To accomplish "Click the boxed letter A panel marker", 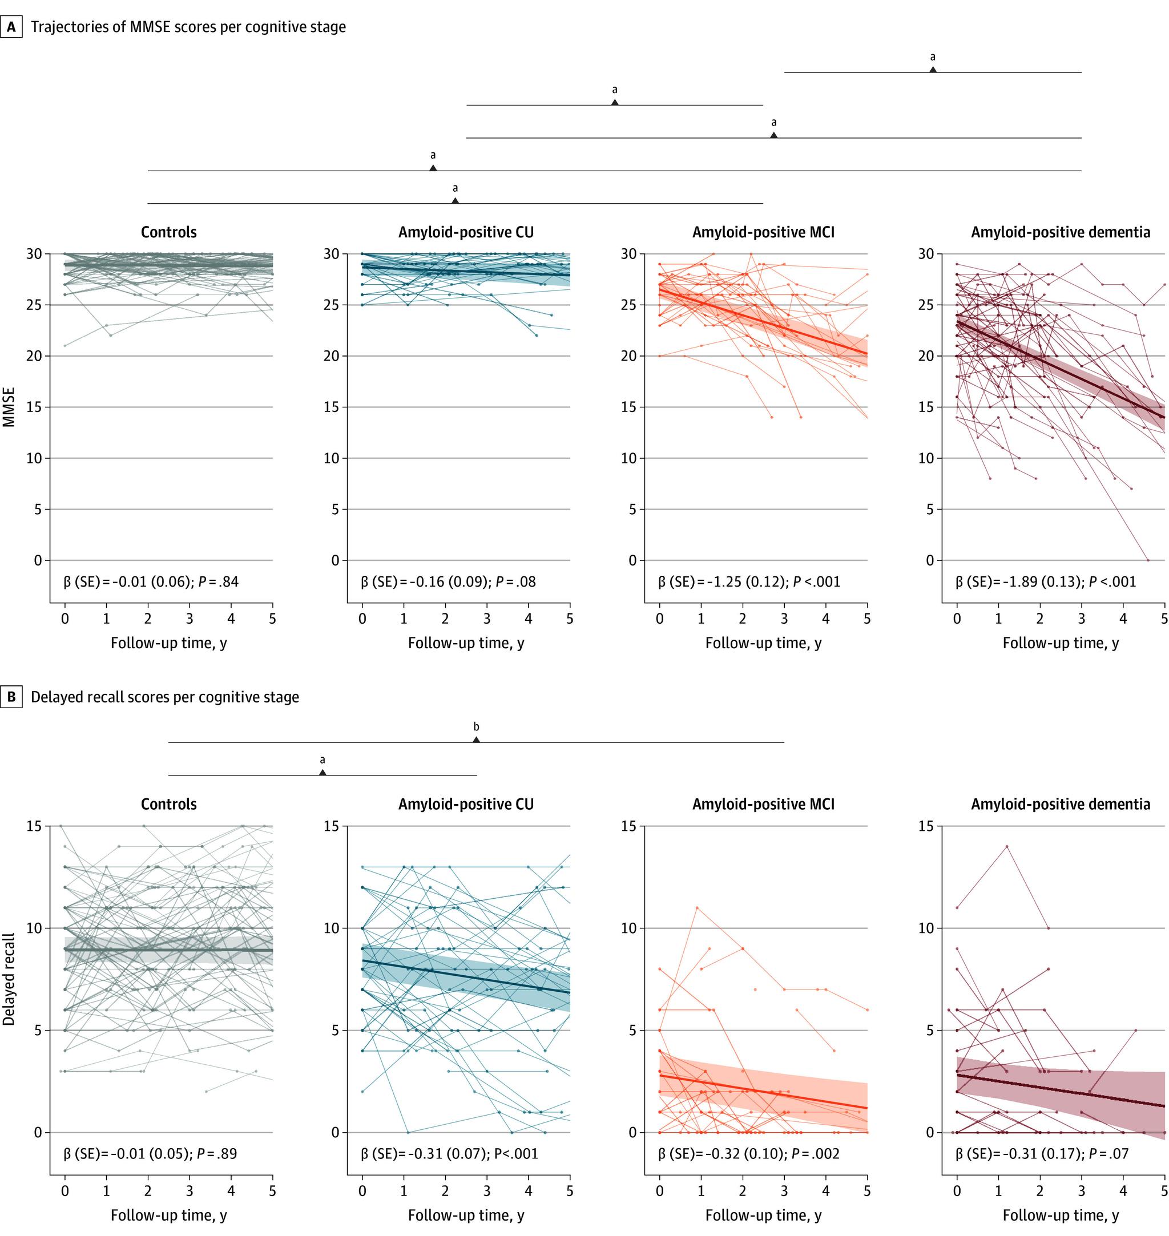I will click(x=11, y=27).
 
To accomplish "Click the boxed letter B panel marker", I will click(x=11, y=697).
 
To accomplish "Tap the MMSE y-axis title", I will click(x=9, y=407).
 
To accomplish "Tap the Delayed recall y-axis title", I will click(x=9, y=979).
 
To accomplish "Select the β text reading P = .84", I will click(x=151, y=582).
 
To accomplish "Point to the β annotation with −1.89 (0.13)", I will click(x=1046, y=582).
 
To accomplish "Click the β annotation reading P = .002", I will click(x=748, y=1154).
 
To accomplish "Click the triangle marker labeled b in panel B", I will click(x=476, y=740).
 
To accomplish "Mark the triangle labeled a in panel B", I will click(x=322, y=773).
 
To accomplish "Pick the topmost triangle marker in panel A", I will click(x=932, y=70).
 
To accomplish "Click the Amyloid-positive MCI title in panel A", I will click(x=763, y=232).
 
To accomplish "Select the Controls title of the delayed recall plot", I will click(x=169, y=804).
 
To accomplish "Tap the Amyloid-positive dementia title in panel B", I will click(x=1061, y=804).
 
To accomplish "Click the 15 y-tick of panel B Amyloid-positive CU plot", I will click(x=332, y=826).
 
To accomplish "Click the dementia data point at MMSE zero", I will click(x=1148, y=560).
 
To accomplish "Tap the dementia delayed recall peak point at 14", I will click(x=1006, y=847).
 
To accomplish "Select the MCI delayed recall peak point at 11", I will click(x=697, y=908).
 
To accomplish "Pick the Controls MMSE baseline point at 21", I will click(x=65, y=345).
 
